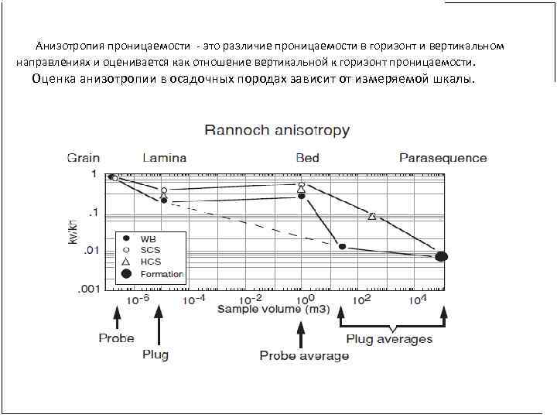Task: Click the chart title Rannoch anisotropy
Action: click(277, 131)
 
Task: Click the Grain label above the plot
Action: click(83, 158)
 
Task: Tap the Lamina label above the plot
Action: click(164, 158)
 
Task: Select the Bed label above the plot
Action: click(307, 158)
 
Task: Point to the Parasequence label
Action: click(443, 158)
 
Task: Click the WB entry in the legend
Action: click(147, 239)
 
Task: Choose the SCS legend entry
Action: click(149, 250)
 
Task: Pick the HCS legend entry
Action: click(150, 262)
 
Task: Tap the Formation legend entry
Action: click(161, 273)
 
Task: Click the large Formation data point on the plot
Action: click(441, 256)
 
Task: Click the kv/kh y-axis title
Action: click(73, 231)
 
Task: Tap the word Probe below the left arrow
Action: click(116, 338)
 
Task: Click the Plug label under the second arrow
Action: click(155, 355)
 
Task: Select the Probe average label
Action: click(304, 355)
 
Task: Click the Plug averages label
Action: click(389, 339)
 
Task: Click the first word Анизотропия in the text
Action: click(70, 46)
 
